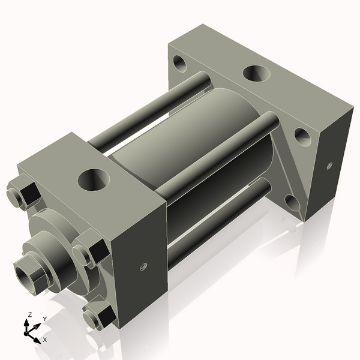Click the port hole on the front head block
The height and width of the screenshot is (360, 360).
click(x=94, y=178)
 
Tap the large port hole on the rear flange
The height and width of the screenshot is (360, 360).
click(x=256, y=74)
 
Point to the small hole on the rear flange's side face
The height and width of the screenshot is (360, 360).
click(x=329, y=166)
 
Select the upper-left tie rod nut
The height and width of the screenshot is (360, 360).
click(x=23, y=194)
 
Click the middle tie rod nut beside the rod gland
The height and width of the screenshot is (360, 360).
click(x=91, y=250)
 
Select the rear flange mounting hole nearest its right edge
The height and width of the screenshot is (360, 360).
click(x=302, y=137)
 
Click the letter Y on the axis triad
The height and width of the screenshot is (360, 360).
click(x=44, y=319)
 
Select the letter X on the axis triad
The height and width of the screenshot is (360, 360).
click(x=44, y=340)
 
